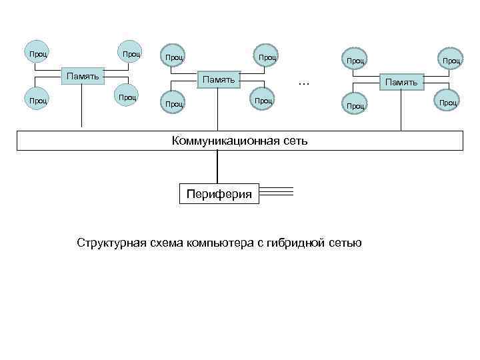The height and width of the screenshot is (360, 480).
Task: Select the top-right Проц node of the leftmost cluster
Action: point(130,53)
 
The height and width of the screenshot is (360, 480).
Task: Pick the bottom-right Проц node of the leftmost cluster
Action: point(127,97)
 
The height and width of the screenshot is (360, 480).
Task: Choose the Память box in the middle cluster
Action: point(219,80)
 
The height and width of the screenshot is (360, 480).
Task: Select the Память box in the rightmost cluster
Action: point(400,82)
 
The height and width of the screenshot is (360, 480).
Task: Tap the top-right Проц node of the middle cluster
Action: point(267,58)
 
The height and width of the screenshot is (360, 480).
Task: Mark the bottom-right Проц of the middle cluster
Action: point(263,101)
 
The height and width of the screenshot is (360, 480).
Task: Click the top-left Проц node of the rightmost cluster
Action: point(355,61)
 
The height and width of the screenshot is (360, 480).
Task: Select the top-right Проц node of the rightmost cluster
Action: point(451,61)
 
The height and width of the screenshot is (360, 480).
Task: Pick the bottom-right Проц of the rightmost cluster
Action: point(447,103)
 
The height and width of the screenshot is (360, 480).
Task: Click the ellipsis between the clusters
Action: point(305,83)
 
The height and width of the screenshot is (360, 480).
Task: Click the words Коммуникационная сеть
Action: point(239,141)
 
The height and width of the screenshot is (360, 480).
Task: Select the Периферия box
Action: point(219,194)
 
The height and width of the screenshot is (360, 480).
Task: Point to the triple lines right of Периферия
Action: point(276,192)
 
